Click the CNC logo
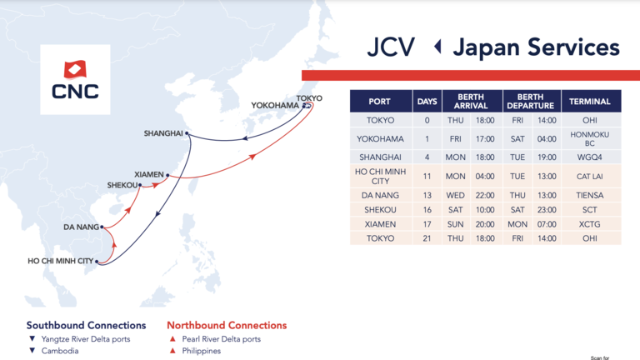point(75,80)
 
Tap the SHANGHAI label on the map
point(163,133)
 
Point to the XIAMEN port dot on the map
point(167,175)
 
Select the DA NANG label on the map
point(81,227)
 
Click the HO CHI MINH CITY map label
point(60,261)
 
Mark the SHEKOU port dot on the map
point(140,185)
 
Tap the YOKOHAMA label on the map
point(275,105)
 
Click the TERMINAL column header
point(590,102)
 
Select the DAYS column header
point(427,102)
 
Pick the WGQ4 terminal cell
point(590,157)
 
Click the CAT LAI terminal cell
point(590,177)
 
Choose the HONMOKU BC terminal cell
point(590,139)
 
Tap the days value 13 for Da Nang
point(427,195)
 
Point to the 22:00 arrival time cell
point(485,195)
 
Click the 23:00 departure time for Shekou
point(547,210)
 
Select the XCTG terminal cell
point(590,224)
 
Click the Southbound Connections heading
point(86,325)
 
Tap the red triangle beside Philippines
point(172,351)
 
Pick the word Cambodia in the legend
point(60,351)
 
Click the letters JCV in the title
point(391,47)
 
